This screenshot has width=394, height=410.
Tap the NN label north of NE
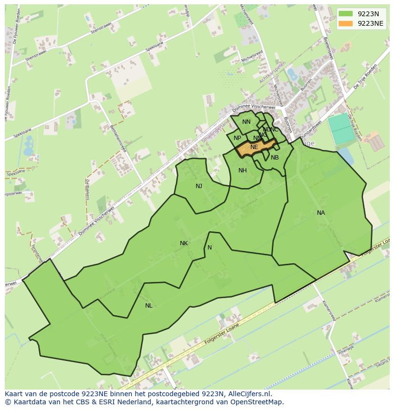pos(246,122)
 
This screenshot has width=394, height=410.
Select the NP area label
pos(237,138)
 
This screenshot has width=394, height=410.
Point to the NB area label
pos(275,158)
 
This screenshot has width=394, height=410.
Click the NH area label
pos(243,170)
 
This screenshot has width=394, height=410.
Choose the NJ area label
pos(199,186)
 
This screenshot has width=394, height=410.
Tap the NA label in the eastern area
pos(321,213)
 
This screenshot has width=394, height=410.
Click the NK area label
pos(184,243)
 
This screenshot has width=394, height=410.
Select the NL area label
pos(149,306)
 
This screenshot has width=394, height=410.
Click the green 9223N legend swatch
pos(346,14)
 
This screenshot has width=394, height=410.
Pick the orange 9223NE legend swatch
pos(346,23)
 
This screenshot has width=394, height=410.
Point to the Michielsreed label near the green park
pos(252,57)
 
